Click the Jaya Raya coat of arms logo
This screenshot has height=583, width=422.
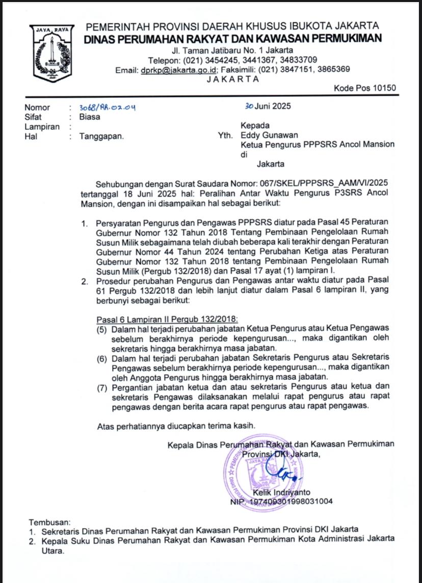[51, 55]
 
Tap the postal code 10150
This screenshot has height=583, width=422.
[380, 88]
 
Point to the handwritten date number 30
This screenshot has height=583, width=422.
[249, 106]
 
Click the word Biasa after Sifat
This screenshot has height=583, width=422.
[90, 117]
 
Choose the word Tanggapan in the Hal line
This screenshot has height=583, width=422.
[101, 136]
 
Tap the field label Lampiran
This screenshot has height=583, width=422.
[42, 127]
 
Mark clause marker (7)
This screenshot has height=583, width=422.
[102, 388]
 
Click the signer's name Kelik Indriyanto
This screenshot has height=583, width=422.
[281, 492]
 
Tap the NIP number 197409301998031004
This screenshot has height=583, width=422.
[291, 502]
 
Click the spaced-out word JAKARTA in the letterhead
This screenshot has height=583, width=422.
[233, 79]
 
